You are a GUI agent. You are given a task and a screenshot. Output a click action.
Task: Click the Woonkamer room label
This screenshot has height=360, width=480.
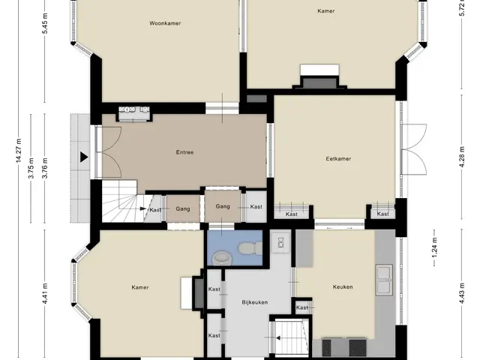tap(165, 23)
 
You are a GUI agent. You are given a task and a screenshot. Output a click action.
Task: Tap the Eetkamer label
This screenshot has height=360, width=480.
tap(338, 158)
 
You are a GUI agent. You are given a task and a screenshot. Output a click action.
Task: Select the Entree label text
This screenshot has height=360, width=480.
tap(184, 152)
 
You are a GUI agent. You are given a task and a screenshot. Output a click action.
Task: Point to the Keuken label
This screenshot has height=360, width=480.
tap(343, 286)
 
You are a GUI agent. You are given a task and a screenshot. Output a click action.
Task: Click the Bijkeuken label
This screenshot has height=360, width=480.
tap(255, 302)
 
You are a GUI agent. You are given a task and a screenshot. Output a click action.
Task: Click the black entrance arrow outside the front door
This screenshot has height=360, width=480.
tap(84, 157)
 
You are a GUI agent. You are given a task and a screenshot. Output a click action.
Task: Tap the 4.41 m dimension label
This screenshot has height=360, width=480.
tap(45, 293)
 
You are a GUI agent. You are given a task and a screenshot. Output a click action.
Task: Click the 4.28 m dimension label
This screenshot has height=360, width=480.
tap(462, 157)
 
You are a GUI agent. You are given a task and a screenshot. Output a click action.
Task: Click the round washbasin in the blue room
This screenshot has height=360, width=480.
tap(222, 257)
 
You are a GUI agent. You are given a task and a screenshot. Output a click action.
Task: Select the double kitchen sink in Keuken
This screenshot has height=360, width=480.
tap(384, 280)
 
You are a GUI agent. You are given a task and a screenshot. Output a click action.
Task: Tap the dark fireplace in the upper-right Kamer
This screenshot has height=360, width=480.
tap(319, 82)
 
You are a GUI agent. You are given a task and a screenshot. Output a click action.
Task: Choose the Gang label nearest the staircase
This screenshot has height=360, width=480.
tap(183, 208)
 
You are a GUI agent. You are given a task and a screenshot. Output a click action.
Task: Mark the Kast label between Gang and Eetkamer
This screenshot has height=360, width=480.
tap(256, 207)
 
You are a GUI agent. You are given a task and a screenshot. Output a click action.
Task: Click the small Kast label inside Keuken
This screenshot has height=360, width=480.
tap(302, 307)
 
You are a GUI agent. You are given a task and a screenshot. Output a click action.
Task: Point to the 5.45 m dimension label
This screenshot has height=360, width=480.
tap(45, 23)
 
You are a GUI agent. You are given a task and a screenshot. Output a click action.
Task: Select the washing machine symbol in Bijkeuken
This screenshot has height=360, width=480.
tap(280, 243)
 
